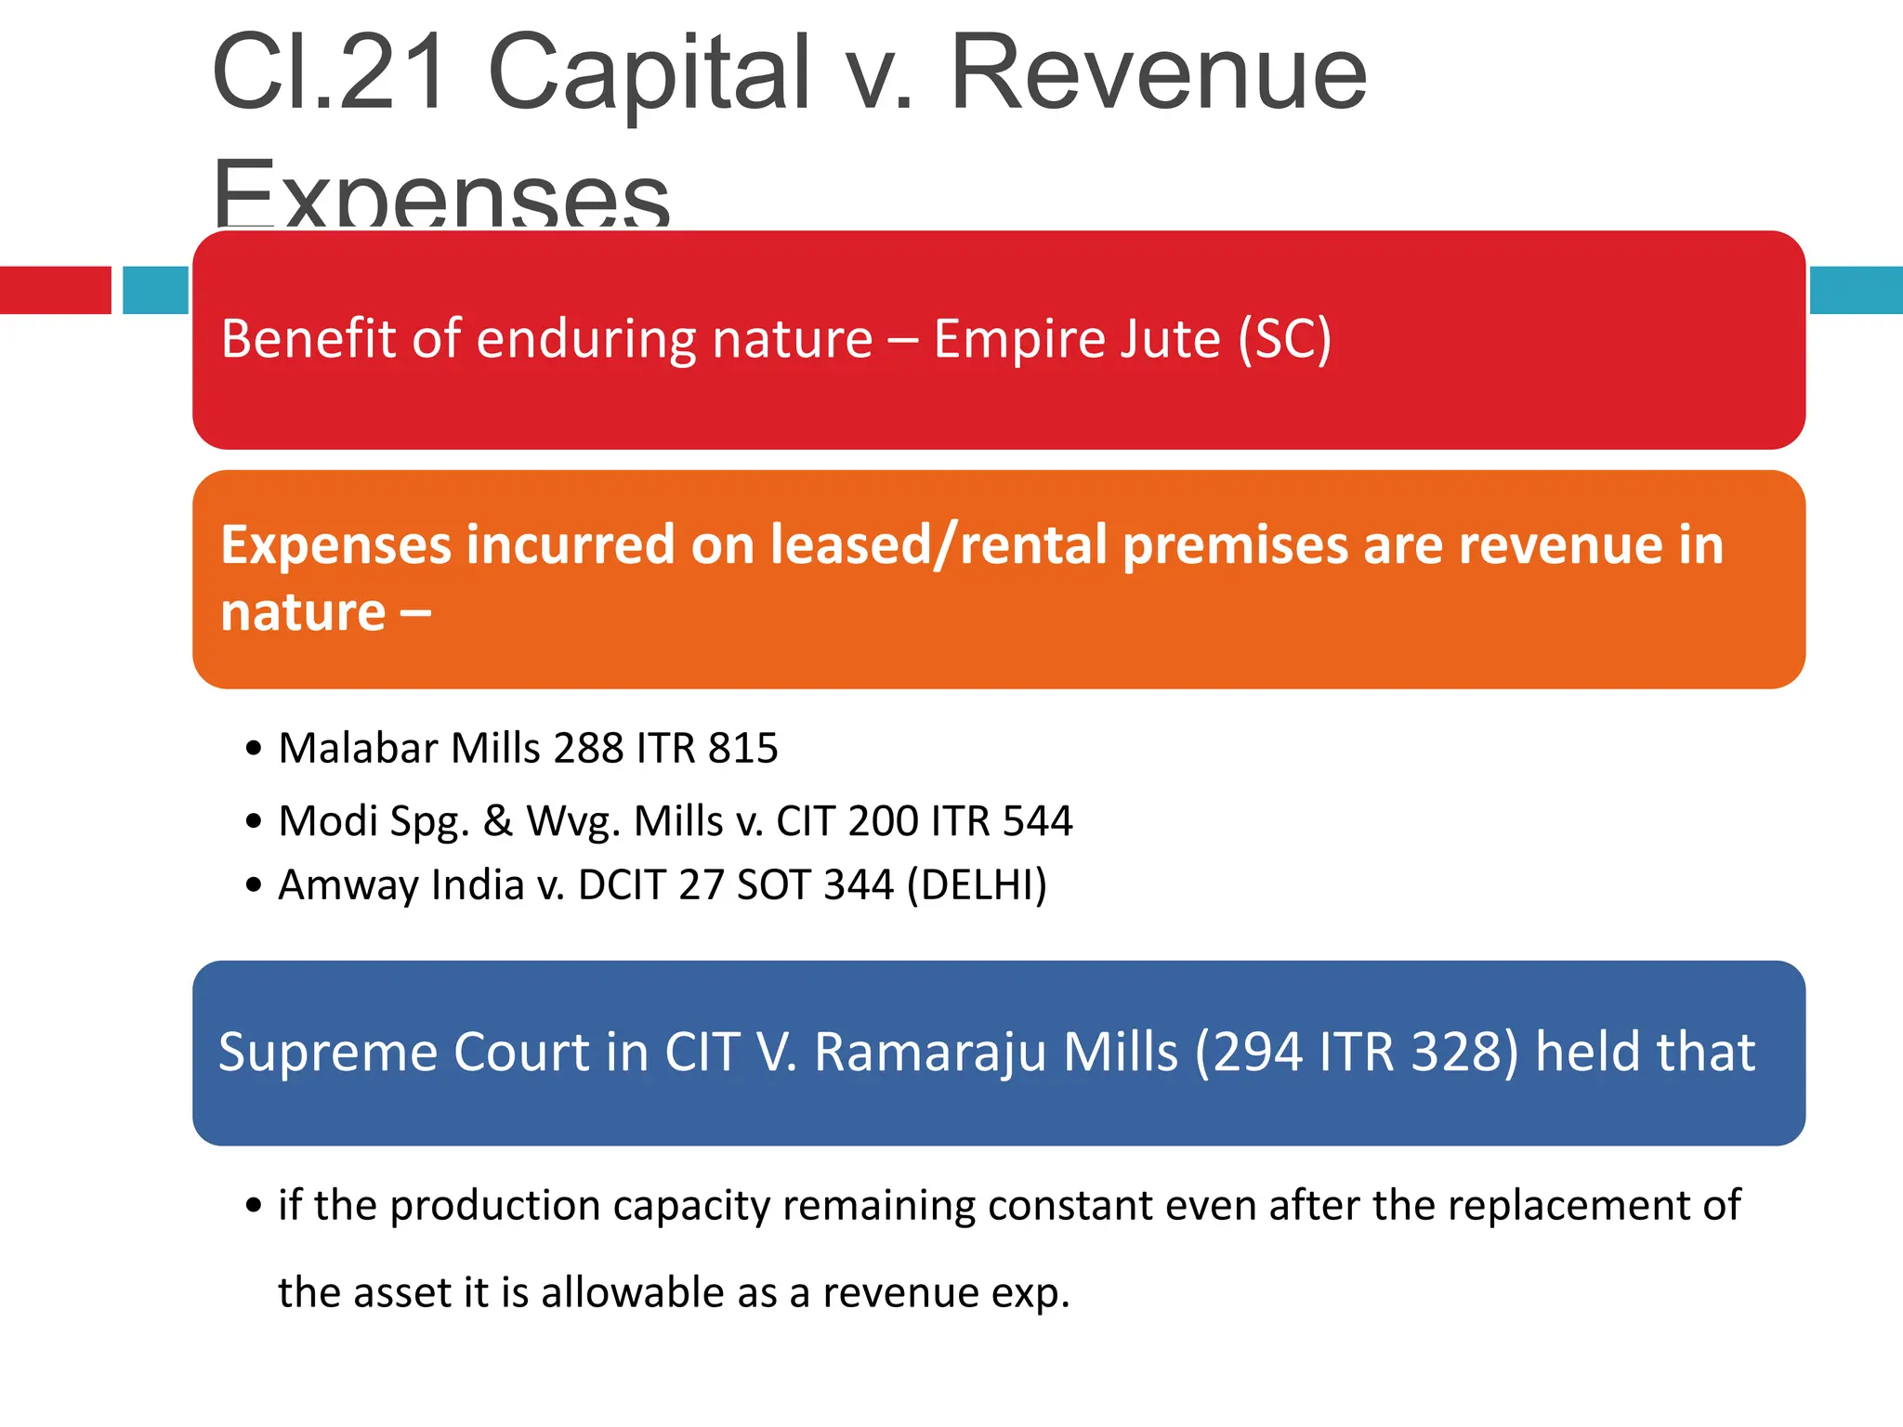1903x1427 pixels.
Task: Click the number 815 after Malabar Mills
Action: point(742,749)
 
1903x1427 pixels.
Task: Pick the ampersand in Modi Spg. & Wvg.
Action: point(498,821)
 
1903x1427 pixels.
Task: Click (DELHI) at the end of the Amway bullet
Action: point(977,885)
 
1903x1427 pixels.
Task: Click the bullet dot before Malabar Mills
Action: point(254,749)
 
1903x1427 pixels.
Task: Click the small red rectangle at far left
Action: point(55,290)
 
